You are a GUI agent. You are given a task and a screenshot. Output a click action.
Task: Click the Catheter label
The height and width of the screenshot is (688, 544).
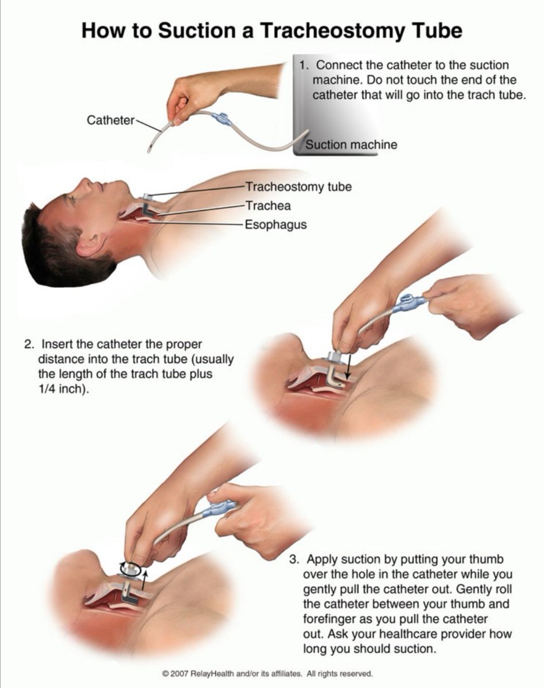[x=111, y=120]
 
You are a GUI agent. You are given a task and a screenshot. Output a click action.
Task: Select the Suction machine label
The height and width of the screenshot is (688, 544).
[x=351, y=144]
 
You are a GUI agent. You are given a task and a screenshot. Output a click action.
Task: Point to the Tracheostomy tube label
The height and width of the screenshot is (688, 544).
[x=298, y=187]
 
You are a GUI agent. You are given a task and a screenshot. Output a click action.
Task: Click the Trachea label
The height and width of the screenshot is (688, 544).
[x=268, y=206]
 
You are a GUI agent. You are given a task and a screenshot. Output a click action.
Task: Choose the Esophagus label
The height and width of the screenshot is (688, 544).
[x=276, y=224]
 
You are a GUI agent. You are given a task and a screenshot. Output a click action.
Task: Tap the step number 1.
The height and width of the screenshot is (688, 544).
[x=304, y=65]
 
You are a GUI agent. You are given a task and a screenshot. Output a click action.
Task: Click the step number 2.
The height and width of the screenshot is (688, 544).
[x=29, y=345]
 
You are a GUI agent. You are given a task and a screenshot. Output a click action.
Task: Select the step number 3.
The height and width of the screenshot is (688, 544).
[x=294, y=559]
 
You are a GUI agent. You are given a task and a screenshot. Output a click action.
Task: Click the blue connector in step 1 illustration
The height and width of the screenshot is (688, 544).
[x=220, y=119]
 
